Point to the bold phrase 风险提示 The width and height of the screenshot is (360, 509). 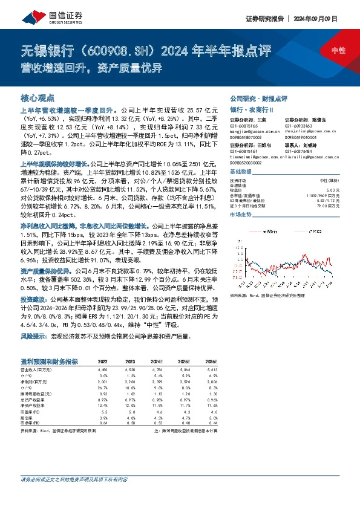34,335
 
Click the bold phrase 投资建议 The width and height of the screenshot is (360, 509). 34,299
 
